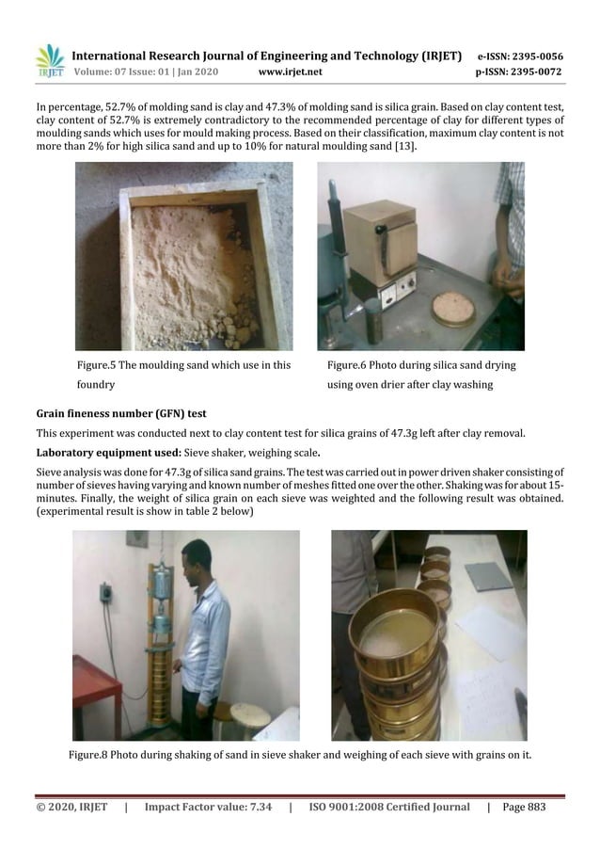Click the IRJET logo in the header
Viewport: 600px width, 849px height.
click(50, 61)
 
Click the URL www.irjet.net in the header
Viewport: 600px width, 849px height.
click(290, 72)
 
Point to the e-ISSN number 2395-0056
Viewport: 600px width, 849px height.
click(534, 56)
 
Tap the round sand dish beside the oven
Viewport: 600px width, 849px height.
click(452, 309)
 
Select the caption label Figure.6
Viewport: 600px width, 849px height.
click(352, 364)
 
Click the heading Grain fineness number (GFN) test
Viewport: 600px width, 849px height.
click(120, 413)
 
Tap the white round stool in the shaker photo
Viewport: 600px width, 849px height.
click(249, 714)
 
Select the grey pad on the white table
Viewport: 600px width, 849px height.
click(488, 576)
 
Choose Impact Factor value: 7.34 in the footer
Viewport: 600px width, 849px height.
click(208, 807)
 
